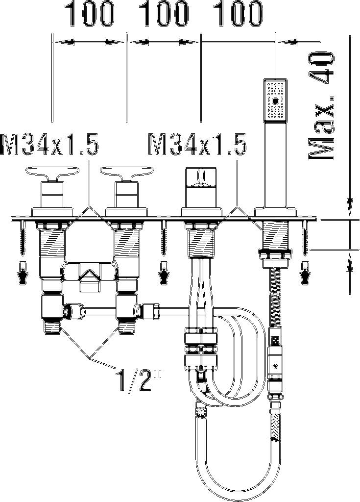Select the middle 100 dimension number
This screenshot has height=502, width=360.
point(165,14)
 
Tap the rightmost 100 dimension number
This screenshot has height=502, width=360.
point(238,14)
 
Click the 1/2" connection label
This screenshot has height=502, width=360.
point(135,380)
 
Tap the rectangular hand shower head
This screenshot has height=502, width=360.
point(275,100)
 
